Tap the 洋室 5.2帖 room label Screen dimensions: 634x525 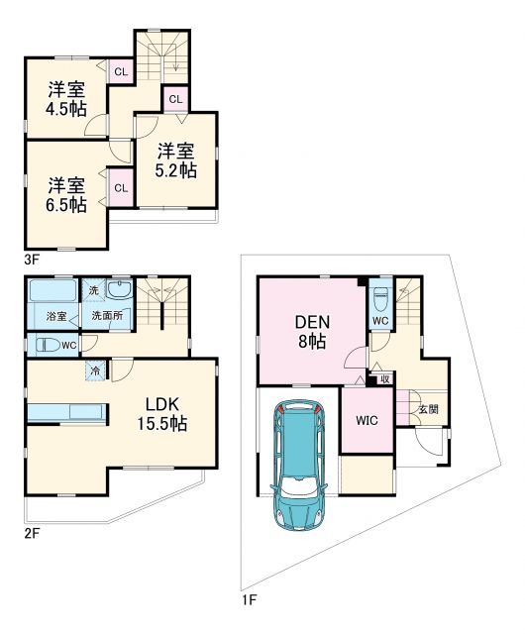(175, 159)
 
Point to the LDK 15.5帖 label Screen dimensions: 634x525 (161, 413)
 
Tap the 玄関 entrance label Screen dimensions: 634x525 (427, 408)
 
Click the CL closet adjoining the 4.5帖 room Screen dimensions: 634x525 (120, 71)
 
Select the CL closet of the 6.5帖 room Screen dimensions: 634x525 (120, 188)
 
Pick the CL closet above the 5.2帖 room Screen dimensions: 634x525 (174, 98)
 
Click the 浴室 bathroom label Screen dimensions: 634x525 (56, 316)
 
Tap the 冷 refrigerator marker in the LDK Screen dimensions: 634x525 (95, 371)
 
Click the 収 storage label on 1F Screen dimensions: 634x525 (384, 378)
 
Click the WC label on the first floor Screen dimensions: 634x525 (380, 322)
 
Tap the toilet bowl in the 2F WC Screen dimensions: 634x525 (47, 345)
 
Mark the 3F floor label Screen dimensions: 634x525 (32, 261)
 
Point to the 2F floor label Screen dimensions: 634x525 (32, 533)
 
